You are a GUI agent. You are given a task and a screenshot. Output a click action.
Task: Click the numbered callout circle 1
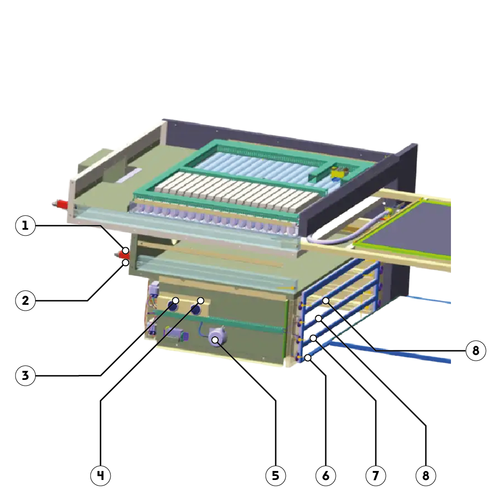pos(25,226)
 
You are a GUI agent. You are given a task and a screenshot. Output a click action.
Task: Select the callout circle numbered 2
pos(25,300)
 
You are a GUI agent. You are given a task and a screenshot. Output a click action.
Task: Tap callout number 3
pos(25,375)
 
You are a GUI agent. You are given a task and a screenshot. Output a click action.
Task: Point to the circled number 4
pos(100,475)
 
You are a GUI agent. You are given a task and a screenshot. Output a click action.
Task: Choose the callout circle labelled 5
pos(275,475)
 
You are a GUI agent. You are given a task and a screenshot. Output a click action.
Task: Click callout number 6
pos(326,475)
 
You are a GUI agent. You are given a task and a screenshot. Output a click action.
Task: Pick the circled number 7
pos(375,475)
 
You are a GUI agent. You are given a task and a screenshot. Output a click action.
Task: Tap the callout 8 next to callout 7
pos(425,475)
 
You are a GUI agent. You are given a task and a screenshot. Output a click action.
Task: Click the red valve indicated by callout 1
pos(122,255)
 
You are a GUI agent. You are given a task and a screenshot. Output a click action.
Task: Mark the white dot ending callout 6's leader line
pos(308,358)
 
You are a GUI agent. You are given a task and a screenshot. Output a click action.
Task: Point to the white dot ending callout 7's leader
pos(313,338)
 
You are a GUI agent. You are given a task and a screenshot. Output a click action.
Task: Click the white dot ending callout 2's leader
pos(126,263)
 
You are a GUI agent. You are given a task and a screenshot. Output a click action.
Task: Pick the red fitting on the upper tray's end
pos(60,204)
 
